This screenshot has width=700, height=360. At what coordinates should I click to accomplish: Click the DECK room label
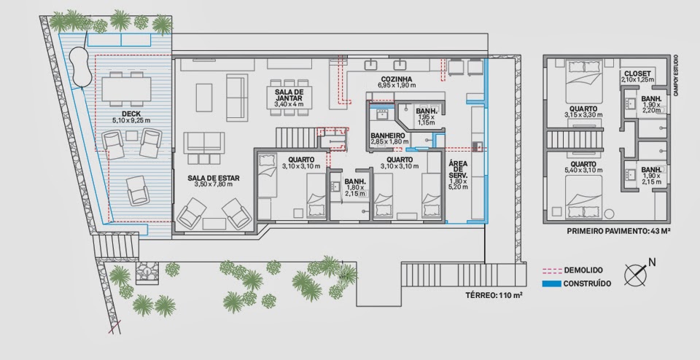pos(131,114)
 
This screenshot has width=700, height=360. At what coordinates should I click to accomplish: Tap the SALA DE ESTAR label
pos(214,178)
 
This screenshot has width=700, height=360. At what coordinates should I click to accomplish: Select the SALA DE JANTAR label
pos(289,95)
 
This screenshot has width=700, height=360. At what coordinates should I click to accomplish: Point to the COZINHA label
pos(397,79)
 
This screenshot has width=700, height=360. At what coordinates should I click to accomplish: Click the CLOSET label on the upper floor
pos(637,74)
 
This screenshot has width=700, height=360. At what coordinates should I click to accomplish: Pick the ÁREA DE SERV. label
pos(458,169)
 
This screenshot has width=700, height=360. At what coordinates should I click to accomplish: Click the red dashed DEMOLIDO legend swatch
pos(552,270)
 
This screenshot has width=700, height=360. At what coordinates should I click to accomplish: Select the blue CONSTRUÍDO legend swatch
pos(552,283)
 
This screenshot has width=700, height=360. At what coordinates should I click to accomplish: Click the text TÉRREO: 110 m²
pos(494,295)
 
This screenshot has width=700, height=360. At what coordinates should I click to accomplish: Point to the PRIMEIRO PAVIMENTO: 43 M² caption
pos(618,231)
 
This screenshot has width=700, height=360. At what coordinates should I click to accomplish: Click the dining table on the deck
pos(126,89)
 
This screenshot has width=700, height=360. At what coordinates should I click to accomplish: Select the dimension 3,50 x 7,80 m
pos(214,184)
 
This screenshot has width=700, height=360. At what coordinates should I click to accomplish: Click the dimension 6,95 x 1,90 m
pos(397,85)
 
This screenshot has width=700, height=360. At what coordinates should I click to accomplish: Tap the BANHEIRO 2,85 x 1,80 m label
pos(387,138)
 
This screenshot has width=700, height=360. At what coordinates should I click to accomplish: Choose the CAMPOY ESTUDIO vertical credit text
pos(676,74)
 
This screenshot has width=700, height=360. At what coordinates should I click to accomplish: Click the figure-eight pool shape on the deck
pos(81,66)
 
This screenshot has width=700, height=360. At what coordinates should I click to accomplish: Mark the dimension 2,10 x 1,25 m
pos(637,79)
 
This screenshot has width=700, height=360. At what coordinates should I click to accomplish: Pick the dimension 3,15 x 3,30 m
pos(583,114)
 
